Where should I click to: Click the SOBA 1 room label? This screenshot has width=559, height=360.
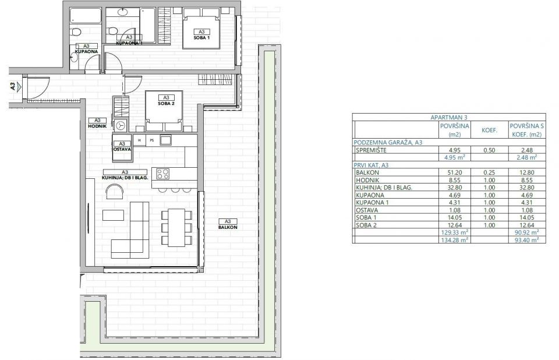[201, 37]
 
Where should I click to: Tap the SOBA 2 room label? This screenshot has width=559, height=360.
[166, 104]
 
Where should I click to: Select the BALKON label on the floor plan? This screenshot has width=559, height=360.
[228, 227]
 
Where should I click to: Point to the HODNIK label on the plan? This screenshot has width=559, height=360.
[97, 126]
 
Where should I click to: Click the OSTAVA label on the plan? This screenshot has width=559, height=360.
[122, 149]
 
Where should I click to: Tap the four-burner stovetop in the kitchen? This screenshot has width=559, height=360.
[163, 174]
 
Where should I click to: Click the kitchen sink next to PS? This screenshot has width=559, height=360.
[165, 140]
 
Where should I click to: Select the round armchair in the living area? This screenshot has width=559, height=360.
[115, 191]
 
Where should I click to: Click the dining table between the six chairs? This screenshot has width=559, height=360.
[176, 227]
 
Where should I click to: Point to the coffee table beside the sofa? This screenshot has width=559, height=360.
[114, 215]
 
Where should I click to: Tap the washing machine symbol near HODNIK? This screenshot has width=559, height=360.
[121, 125]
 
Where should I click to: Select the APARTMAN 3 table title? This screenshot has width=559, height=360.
[449, 118]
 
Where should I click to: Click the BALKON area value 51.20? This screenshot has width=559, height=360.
[455, 172]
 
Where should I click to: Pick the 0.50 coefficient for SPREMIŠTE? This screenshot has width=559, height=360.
[489, 150]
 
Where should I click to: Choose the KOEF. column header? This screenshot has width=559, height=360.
[490, 130]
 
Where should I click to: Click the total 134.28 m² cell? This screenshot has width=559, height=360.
[454, 240]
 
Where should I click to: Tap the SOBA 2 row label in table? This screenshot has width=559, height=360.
[366, 225]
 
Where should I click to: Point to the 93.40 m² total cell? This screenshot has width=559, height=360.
[526, 240]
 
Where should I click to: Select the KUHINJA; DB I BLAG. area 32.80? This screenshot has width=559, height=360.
[455, 188]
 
